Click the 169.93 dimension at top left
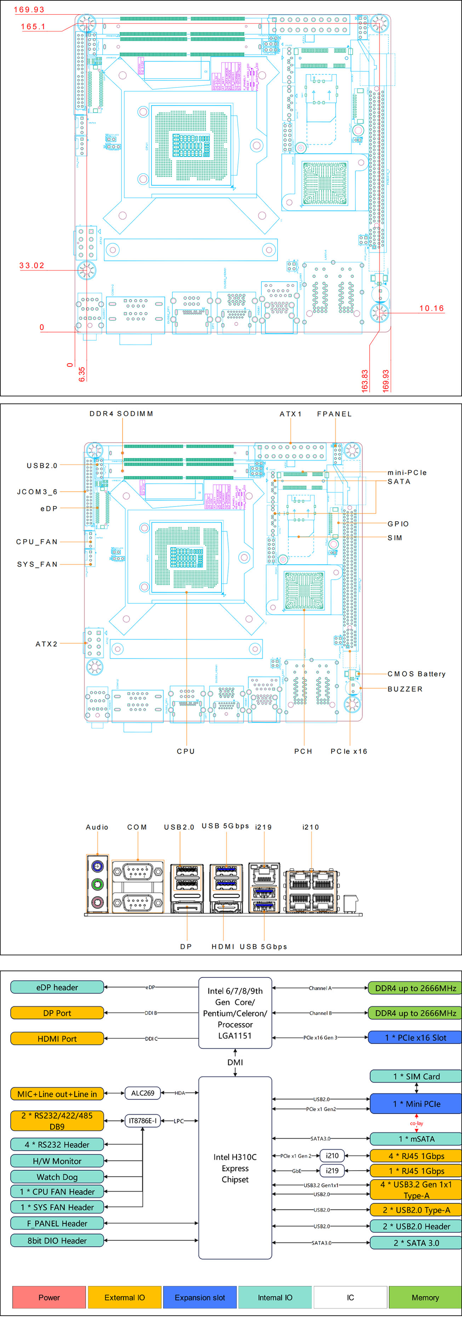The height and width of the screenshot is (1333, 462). coord(29,9)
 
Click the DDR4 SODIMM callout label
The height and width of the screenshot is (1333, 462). coord(121,414)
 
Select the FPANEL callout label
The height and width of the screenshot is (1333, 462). coord(334,414)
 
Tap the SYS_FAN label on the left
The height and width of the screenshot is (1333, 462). coord(37,564)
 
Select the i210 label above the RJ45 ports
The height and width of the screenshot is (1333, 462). coord(310,827)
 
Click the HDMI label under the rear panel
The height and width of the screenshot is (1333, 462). coord(223,946)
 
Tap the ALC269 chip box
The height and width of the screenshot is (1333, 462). coord(143,1093)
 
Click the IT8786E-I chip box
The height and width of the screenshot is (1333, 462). coord(143,1120)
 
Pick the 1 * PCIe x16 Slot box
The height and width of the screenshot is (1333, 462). coord(415,1037)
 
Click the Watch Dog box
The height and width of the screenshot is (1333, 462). coord(57,1176)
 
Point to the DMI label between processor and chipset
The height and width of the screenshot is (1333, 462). coord(235,1062)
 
